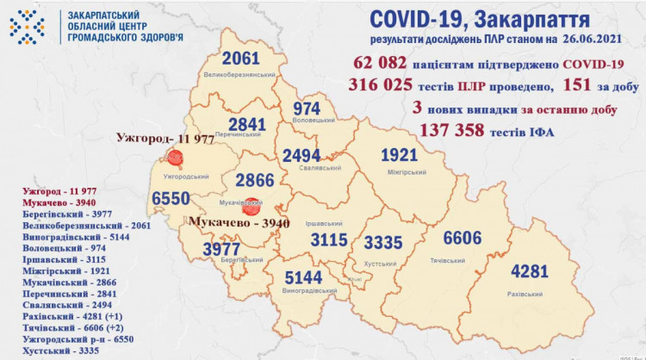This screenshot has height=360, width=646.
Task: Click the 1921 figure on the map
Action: [x=405, y=155]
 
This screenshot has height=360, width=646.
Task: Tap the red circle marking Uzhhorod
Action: [x=177, y=158]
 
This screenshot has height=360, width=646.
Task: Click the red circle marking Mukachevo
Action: [x=251, y=207]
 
